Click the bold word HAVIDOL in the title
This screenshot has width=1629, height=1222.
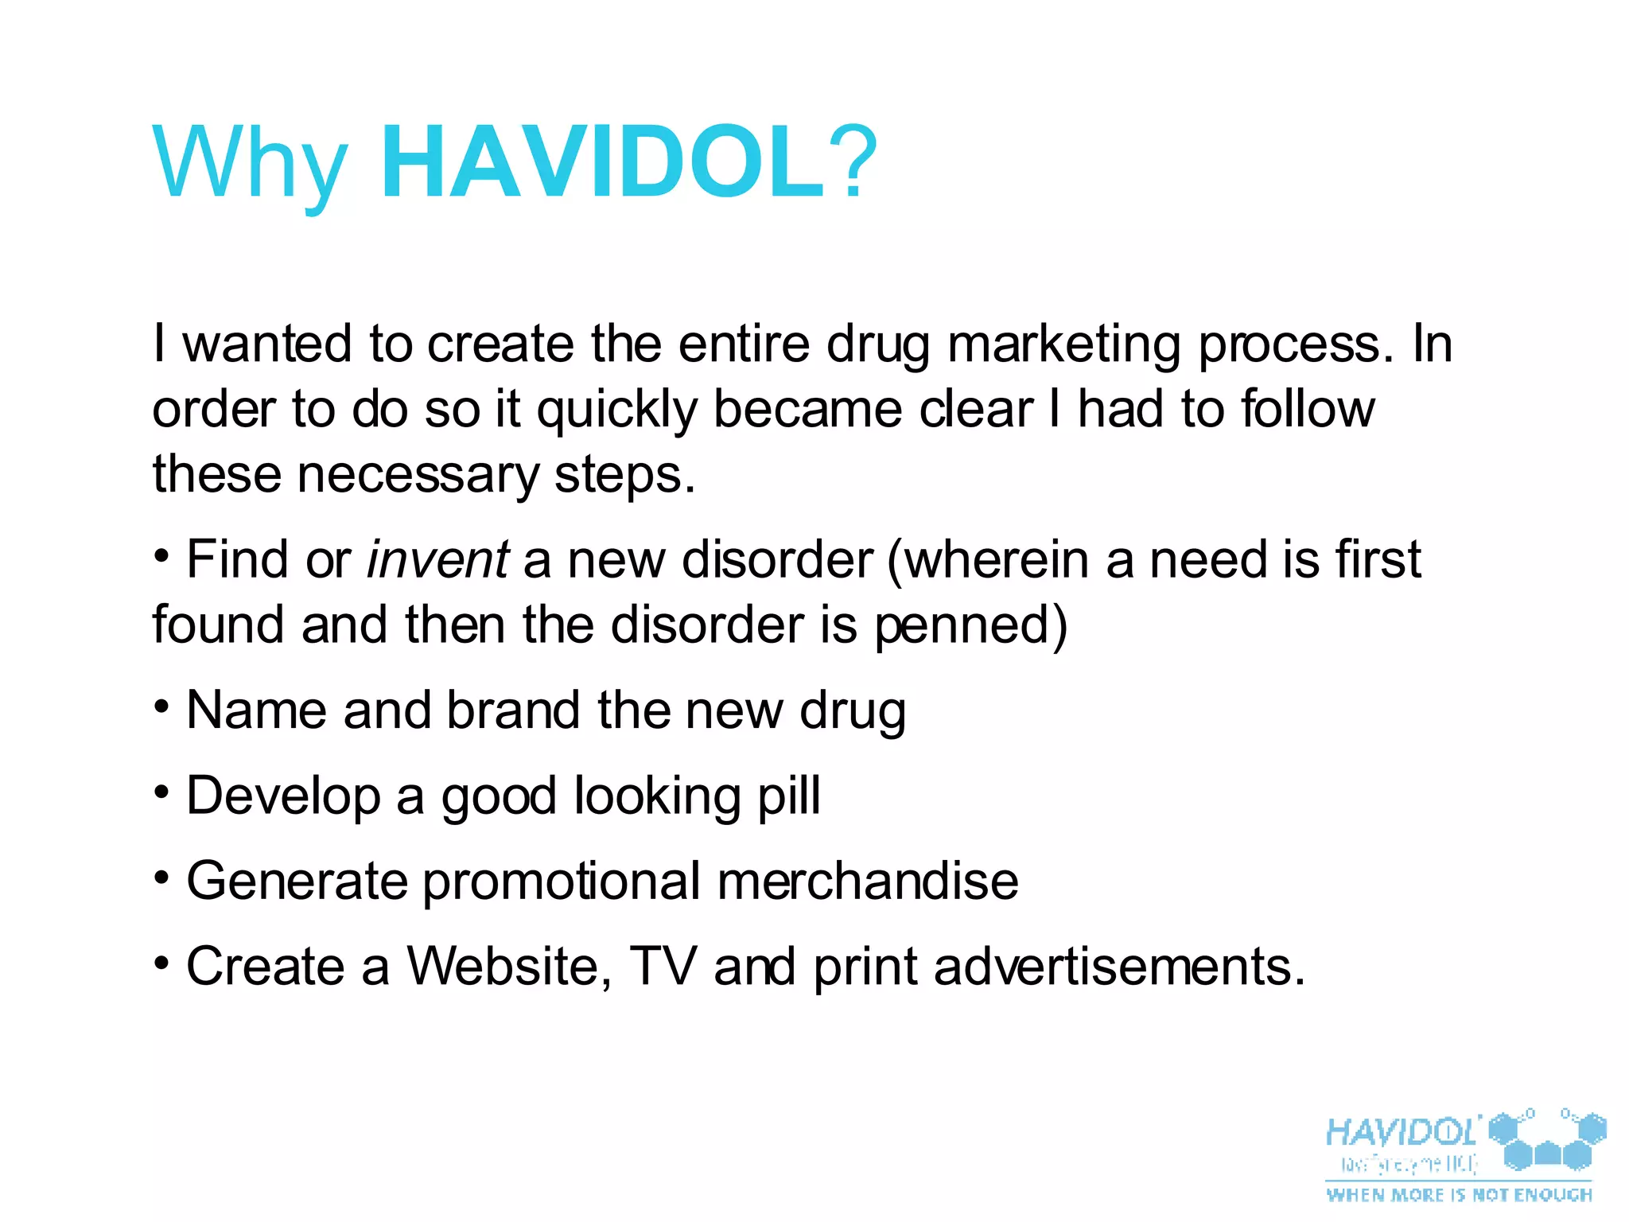tap(602, 163)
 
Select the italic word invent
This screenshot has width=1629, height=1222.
tap(437, 559)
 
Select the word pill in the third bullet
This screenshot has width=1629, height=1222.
tap(788, 796)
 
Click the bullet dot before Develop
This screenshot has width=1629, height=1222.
tap(161, 792)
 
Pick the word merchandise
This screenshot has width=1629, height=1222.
tap(867, 881)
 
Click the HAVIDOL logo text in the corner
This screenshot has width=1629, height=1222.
tap(1402, 1131)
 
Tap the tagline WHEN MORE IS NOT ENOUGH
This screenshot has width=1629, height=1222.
tap(1459, 1195)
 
